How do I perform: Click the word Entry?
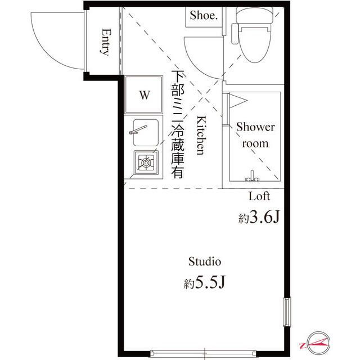click(x=105, y=42)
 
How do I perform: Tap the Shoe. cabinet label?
click(x=202, y=16)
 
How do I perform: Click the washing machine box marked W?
click(x=145, y=95)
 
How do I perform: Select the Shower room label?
click(x=255, y=135)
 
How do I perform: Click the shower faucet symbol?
click(x=253, y=177)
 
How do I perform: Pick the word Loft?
click(x=259, y=196)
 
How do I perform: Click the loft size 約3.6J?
click(x=259, y=218)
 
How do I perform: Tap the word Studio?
click(x=204, y=262)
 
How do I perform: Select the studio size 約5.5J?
click(x=204, y=283)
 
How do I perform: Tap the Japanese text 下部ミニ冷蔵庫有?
click(x=178, y=124)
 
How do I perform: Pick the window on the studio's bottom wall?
click(x=207, y=354)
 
